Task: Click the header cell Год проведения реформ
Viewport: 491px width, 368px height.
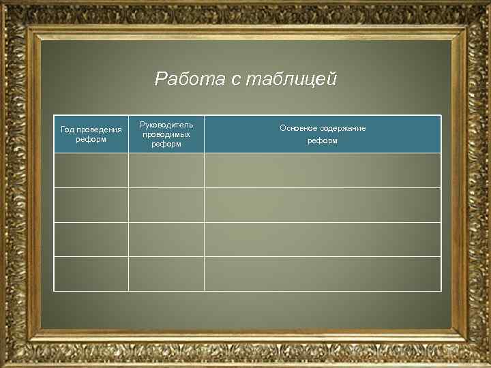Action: [x=91, y=134]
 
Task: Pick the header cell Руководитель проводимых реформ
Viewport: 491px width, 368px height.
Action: [x=166, y=134]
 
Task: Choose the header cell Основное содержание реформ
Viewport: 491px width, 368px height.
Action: [x=323, y=134]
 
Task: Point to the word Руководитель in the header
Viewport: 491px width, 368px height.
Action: [x=166, y=125]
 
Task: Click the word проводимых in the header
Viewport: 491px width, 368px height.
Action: [x=166, y=134]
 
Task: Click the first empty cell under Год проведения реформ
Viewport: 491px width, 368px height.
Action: [x=91, y=170]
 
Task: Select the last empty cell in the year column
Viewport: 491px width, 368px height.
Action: [x=91, y=274]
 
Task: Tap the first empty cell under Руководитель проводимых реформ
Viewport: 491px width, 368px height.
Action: [x=166, y=170]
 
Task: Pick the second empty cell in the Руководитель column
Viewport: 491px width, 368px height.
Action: [x=166, y=205]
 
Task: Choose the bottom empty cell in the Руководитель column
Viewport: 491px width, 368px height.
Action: [x=166, y=274]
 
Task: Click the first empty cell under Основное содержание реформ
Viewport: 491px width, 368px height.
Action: [x=323, y=170]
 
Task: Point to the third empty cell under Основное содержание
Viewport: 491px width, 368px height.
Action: [x=323, y=240]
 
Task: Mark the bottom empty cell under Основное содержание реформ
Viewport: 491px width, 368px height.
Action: [x=323, y=274]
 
